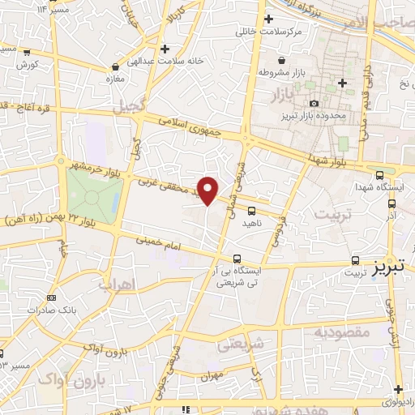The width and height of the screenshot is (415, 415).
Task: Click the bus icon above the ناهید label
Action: pos(260,211)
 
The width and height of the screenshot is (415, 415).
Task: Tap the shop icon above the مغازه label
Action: pos(117,66)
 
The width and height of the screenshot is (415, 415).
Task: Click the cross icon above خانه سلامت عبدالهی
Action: pos(165,49)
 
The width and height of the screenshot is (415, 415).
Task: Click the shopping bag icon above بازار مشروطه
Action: pos(281,61)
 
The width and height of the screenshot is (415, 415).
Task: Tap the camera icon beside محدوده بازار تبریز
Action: pos(314,103)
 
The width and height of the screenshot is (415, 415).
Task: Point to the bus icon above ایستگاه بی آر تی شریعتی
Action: pos(236,259)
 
